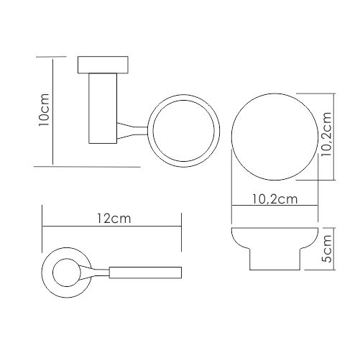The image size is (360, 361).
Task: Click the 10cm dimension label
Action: click(45, 110)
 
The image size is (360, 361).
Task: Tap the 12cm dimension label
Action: click(114, 219)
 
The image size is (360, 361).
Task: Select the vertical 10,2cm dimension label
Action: click(326, 134)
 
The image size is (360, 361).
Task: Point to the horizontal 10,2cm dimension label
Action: click(274, 199)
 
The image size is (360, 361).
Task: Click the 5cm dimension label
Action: click(327, 249)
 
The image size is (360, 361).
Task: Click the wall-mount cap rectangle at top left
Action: click(103, 65)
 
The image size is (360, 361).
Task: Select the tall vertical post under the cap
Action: click(103, 109)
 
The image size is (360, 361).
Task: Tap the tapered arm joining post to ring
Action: click(132, 131)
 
